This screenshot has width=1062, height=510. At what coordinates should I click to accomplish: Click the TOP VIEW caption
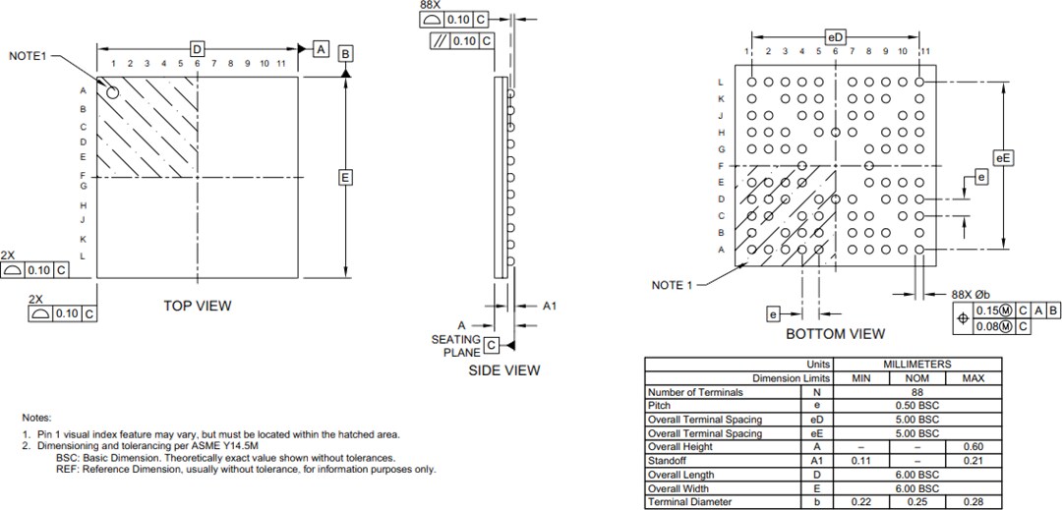pyautogui.click(x=198, y=306)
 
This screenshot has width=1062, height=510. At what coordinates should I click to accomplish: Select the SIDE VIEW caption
pyautogui.click(x=502, y=370)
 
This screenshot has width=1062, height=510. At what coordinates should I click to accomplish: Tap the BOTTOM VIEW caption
pyautogui.click(x=835, y=334)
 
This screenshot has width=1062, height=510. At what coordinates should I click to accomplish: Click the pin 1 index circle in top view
pyautogui.click(x=112, y=92)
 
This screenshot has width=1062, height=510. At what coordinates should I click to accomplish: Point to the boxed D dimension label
pyautogui.click(x=197, y=49)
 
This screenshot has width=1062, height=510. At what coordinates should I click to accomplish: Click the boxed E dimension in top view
pyautogui.click(x=345, y=177)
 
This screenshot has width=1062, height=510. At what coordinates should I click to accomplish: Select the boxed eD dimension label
pyautogui.click(x=836, y=36)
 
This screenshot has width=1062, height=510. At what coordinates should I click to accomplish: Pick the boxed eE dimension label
pyautogui.click(x=1003, y=157)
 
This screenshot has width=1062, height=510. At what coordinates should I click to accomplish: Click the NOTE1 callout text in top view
pyautogui.click(x=28, y=56)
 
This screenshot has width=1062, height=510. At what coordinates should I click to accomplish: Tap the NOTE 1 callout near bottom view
pyautogui.click(x=673, y=285)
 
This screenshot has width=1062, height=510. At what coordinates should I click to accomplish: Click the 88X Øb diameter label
pyautogui.click(x=971, y=294)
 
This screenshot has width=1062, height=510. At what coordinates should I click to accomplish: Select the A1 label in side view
pyautogui.click(x=550, y=306)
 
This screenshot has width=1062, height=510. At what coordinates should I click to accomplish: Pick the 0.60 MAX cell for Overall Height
pyautogui.click(x=973, y=447)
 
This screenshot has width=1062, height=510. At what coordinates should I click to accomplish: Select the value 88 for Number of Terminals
pyautogui.click(x=916, y=392)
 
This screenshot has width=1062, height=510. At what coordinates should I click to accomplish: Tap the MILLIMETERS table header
pyautogui.click(x=916, y=364)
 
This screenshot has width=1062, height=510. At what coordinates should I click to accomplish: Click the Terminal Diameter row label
pyautogui.click(x=689, y=502)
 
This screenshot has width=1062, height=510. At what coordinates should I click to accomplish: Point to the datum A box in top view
pyautogui.click(x=321, y=49)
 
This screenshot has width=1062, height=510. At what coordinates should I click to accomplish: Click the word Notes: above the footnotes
pyautogui.click(x=36, y=418)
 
